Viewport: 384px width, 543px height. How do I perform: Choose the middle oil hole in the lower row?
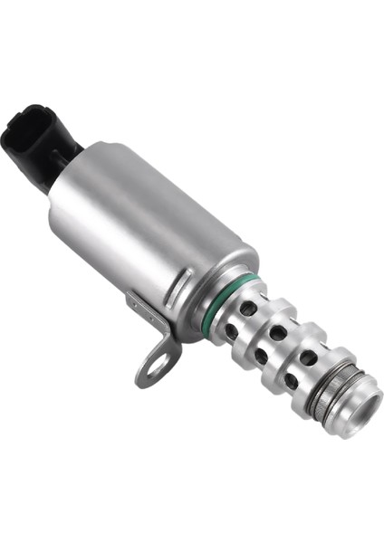point(262,356)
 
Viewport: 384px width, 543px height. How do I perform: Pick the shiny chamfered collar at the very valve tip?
point(366,412)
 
